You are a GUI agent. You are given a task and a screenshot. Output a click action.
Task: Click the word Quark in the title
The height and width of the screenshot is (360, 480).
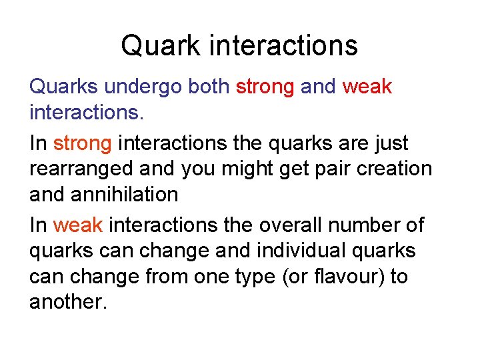coord(161,46)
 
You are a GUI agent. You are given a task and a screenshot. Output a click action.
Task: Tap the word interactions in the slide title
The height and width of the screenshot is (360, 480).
coord(284,46)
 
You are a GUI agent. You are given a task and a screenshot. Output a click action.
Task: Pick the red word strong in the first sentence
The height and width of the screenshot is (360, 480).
coord(265,87)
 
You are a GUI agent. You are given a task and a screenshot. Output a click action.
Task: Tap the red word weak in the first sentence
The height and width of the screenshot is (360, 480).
coord(367,87)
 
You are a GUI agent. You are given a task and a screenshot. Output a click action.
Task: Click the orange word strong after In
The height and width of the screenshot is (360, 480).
coord(82,143)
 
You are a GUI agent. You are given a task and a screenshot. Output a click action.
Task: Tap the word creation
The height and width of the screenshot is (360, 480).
coord(399,169)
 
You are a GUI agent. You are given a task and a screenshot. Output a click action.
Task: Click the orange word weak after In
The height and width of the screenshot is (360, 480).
coord(78,225)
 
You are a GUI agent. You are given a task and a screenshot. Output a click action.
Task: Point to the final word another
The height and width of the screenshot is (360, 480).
coord(67,302)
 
